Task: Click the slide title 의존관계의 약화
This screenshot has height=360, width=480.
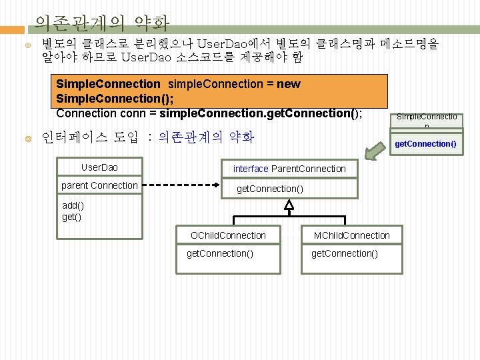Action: pos(101,24)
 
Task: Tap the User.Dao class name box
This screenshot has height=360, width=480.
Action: pos(99,167)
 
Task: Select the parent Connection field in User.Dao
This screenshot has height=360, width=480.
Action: pos(99,185)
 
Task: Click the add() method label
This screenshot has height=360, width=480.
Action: pos(73,206)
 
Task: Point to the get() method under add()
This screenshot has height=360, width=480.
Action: pos(72,217)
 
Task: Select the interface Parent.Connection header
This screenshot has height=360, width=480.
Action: pos(289,169)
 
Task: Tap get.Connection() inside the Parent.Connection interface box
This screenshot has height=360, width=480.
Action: pos(270,189)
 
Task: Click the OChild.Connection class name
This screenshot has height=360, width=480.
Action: pos(228,235)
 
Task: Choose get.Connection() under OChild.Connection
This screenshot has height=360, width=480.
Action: pos(219,253)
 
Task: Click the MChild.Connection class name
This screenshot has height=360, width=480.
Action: pos(352,235)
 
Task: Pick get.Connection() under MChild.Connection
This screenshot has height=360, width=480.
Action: pos(345,253)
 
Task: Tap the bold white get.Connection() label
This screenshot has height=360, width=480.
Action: pos(425,144)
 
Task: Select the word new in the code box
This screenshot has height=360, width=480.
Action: pos(288,84)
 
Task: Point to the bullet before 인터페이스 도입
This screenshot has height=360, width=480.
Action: pos(28,139)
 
